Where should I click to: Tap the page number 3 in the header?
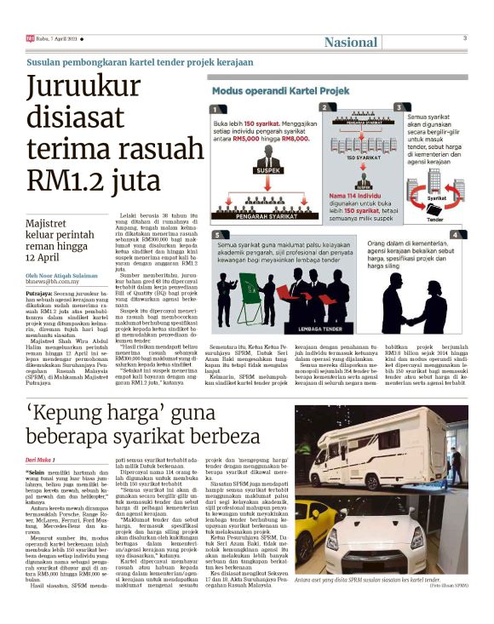click(465, 38)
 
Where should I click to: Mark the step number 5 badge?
click(218, 234)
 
